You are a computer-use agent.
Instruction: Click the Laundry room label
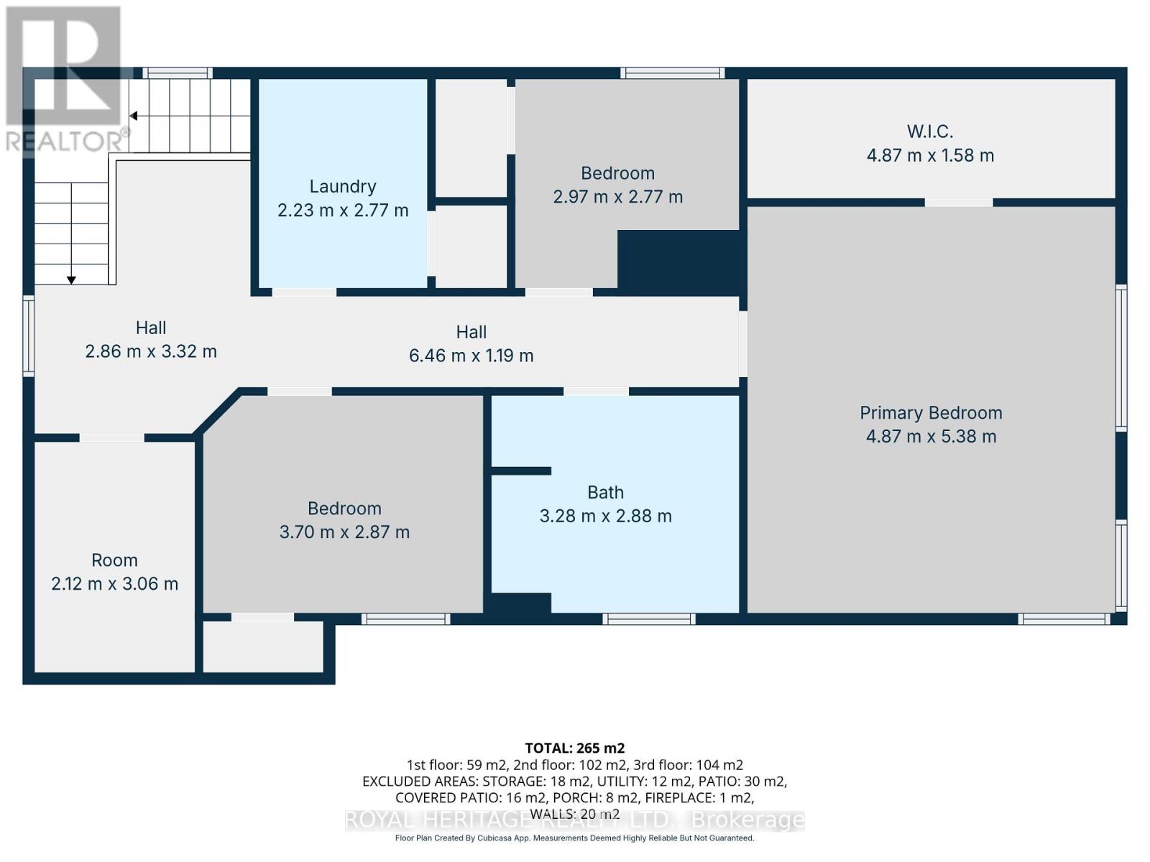pyautogui.click(x=343, y=186)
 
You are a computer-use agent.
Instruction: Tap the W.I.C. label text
pyautogui.click(x=930, y=131)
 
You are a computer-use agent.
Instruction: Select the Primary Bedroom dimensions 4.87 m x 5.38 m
pyautogui.click(x=931, y=436)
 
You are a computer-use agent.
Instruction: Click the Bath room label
pyautogui.click(x=605, y=492)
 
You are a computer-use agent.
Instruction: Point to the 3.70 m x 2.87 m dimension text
pyautogui.click(x=344, y=532)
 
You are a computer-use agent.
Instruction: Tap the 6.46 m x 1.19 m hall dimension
pyautogui.click(x=471, y=356)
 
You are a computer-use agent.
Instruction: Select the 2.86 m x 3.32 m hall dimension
pyautogui.click(x=151, y=351)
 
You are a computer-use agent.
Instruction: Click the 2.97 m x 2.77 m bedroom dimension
pyautogui.click(x=617, y=197)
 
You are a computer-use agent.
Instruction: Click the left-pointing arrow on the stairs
pyautogui.click(x=134, y=116)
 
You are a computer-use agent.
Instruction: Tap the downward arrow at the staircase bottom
pyautogui.click(x=71, y=279)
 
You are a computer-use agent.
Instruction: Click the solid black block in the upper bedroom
pyautogui.click(x=678, y=261)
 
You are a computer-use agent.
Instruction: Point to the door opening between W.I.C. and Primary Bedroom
pyautogui.click(x=958, y=203)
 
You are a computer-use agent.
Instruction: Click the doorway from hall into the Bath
pyautogui.click(x=596, y=391)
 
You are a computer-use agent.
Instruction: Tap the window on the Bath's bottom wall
pyautogui.click(x=648, y=618)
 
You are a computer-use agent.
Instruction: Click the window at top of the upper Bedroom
pyautogui.click(x=672, y=73)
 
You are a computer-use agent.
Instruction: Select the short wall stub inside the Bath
pyautogui.click(x=521, y=471)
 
